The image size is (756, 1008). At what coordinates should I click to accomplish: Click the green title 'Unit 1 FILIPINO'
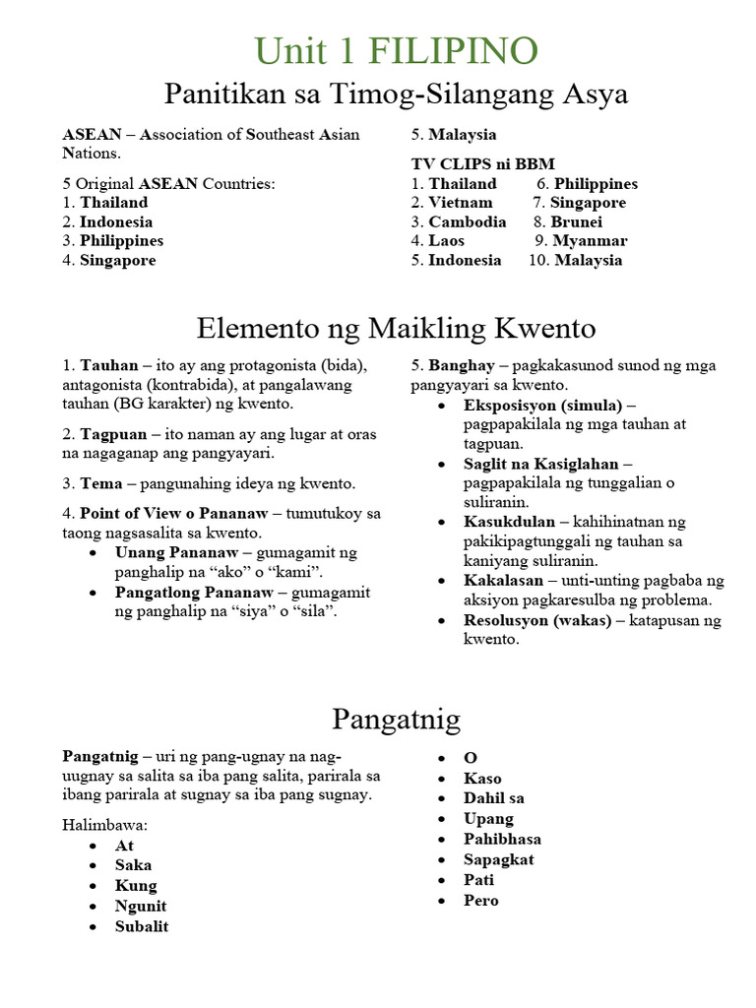[x=396, y=51]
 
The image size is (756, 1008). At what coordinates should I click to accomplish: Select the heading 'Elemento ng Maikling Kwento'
[x=396, y=327]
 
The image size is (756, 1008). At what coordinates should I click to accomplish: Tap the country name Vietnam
[x=460, y=203]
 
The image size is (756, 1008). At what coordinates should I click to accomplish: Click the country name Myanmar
[x=589, y=241]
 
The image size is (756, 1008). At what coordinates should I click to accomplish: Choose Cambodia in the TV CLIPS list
[x=467, y=222]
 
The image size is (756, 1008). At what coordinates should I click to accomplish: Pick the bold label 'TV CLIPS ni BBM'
[x=476, y=164]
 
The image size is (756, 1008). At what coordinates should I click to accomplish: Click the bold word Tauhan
[x=109, y=366]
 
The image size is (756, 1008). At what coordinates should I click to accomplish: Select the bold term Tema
[x=101, y=484]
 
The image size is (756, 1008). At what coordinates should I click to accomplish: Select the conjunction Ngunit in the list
[x=141, y=907]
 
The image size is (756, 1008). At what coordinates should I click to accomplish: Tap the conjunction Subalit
[x=142, y=927]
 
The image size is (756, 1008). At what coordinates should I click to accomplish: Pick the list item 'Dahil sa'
[x=494, y=798]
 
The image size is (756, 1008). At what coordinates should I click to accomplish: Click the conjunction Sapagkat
[x=499, y=859]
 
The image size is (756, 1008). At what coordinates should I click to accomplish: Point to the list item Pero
[x=481, y=901]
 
